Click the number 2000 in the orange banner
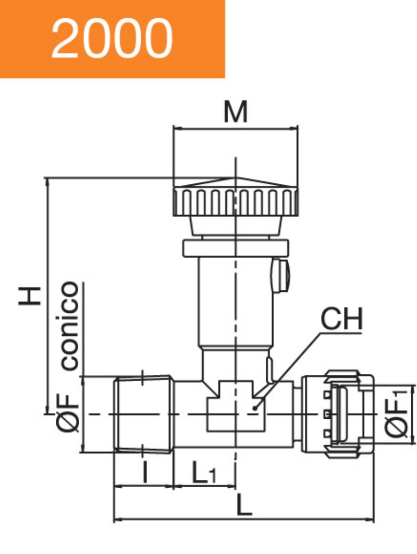(112, 39)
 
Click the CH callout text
(341, 320)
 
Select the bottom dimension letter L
(243, 505)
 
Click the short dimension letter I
(144, 473)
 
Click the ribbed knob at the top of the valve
(236, 201)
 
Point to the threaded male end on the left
(143, 414)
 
